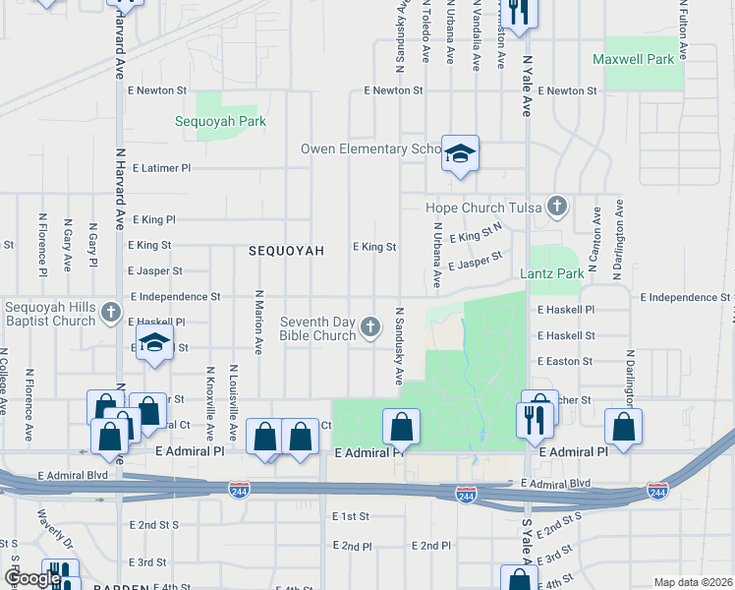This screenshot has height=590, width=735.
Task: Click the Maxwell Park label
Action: point(634,60)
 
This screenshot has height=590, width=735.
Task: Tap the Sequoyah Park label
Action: point(221,122)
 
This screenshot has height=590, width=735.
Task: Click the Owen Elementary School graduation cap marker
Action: point(459,154)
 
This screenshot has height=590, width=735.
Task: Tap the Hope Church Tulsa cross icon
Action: point(558,206)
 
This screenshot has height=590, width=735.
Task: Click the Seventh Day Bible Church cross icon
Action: point(370,327)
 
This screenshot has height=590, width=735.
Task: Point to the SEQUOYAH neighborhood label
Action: point(287,251)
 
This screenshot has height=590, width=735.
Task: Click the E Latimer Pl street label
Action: point(158,168)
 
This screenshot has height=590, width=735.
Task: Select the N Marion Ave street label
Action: point(259,322)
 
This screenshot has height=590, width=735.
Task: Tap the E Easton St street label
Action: point(565,362)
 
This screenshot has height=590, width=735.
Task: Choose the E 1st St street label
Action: point(350,516)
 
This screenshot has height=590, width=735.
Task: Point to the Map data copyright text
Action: point(692,582)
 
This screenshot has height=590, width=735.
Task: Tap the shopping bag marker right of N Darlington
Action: point(623,428)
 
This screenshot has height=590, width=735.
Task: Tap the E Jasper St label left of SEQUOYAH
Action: point(155,270)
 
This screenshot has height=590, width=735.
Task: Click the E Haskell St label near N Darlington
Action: point(566,335)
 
